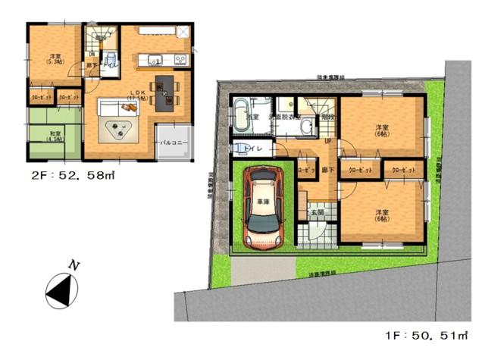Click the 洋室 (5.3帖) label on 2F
tap(54, 60)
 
